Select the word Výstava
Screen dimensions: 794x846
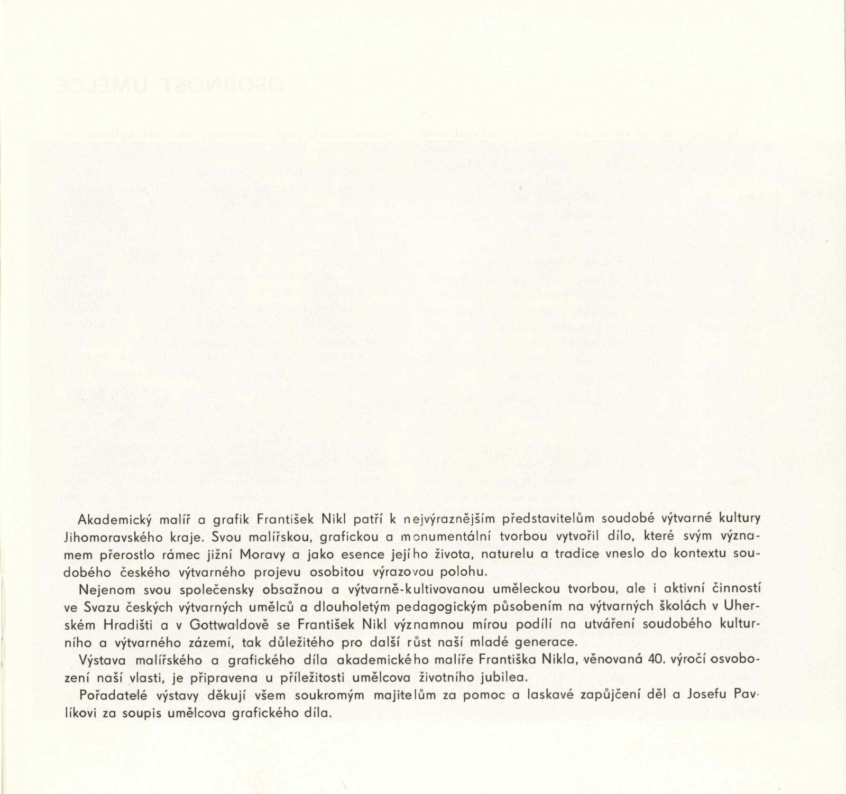click(99, 660)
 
